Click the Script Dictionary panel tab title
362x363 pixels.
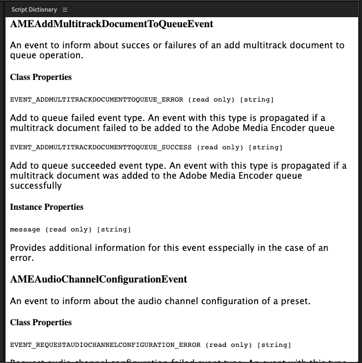click(34, 10)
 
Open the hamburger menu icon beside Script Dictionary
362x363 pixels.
click(65, 10)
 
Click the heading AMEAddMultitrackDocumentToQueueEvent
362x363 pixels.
click(112, 24)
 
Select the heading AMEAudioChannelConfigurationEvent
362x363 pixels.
click(99, 279)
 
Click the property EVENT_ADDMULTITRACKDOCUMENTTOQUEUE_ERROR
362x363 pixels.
click(97, 100)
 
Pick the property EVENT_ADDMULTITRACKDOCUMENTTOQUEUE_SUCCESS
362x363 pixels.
click(101, 148)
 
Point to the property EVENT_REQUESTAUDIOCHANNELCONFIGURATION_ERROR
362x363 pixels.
click(105, 345)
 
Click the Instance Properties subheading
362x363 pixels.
click(47, 207)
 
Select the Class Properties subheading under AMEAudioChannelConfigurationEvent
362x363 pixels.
click(41, 322)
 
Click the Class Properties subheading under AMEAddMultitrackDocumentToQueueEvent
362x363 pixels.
click(41, 77)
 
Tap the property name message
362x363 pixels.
click(26, 230)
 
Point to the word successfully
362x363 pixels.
click(36, 186)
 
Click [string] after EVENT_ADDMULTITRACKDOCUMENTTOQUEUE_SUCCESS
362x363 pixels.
click(265, 148)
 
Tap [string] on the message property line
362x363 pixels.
click(114, 230)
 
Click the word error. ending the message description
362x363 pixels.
click(23, 258)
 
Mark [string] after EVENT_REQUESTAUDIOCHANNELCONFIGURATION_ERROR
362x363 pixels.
click(274, 345)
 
